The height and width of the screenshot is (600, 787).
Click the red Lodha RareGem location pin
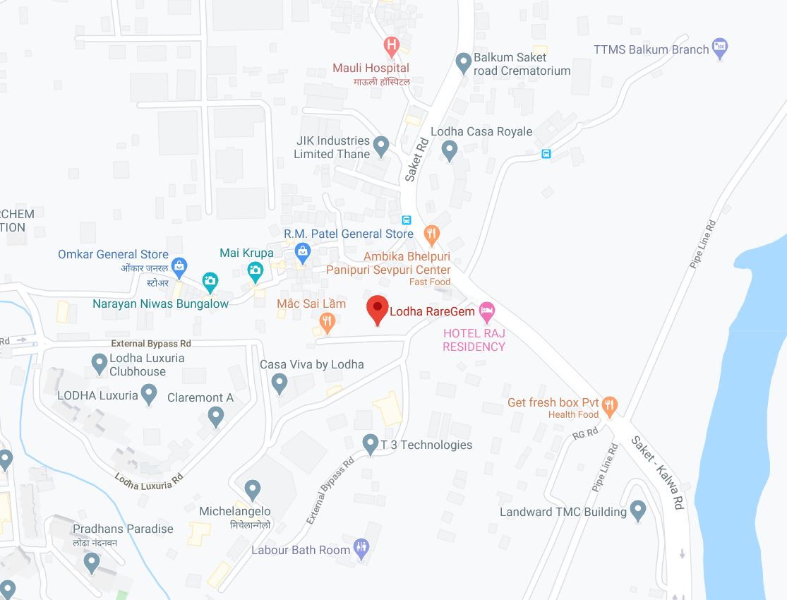click(x=378, y=309)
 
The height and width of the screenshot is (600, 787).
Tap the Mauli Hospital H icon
click(x=391, y=47)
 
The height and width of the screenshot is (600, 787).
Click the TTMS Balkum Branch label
click(x=651, y=49)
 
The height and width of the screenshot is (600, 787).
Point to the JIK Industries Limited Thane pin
click(x=381, y=146)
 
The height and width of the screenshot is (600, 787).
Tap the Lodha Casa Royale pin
click(x=449, y=149)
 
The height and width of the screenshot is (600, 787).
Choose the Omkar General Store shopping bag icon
click(x=179, y=266)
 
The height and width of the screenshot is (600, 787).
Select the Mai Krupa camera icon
click(x=255, y=269)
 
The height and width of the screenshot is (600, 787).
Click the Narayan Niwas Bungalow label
click(x=161, y=304)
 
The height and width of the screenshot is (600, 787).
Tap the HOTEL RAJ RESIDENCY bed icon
click(x=486, y=310)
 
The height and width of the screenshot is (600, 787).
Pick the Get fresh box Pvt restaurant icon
click(x=610, y=404)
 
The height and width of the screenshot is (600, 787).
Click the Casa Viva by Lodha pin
click(x=280, y=383)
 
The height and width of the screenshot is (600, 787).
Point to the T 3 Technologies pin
click(x=370, y=444)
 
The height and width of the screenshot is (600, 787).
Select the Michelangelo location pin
click(x=253, y=488)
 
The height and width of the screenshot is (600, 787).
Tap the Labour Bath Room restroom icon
click(x=361, y=548)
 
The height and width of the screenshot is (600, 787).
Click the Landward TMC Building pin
click(x=638, y=510)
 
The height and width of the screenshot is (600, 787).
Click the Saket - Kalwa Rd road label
click(x=659, y=473)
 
